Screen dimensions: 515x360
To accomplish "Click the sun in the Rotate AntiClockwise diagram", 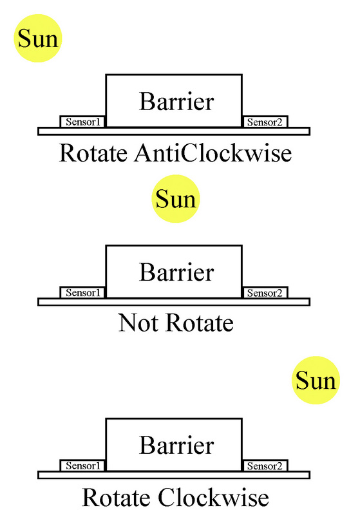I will tap(37, 39).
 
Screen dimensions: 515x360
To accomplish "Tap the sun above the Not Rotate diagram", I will tap(176, 199).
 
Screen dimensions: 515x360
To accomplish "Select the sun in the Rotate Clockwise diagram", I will tap(316, 382).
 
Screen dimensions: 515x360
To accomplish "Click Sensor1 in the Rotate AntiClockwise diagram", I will tap(83, 122).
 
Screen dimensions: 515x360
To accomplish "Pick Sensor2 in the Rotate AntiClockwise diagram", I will tap(265, 122).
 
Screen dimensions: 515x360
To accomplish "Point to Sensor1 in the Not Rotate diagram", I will tap(83, 293).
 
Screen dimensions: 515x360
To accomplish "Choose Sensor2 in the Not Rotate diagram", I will tap(265, 293).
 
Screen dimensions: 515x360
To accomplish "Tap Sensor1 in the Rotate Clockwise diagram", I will tap(83, 465).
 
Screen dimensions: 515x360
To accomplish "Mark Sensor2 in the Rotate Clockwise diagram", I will tap(265, 465).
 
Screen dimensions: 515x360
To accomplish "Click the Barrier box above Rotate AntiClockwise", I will tap(174, 101).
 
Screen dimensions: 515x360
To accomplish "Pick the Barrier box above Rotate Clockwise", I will tap(174, 445).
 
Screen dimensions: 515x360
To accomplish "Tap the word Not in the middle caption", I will tap(137, 323).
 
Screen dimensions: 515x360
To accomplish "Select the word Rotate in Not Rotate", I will tap(197, 323).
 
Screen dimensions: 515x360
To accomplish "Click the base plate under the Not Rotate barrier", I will tap(174, 301).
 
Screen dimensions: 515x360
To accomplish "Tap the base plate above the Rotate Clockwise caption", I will tap(174, 474).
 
